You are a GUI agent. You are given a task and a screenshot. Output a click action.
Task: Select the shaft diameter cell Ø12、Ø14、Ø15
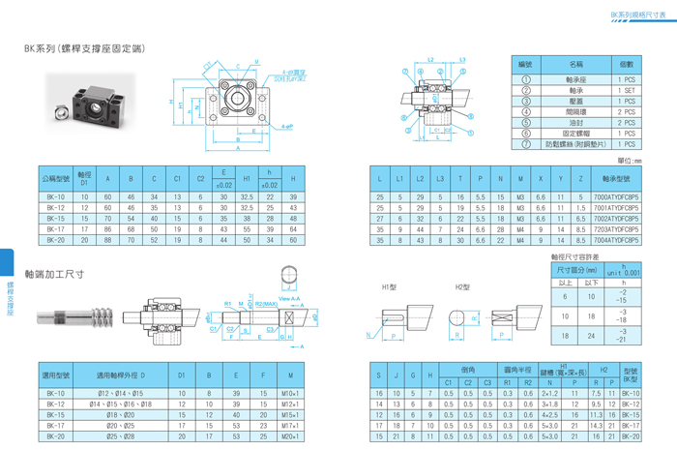tap(121, 394)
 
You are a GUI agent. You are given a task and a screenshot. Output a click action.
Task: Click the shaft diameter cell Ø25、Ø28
tap(121, 436)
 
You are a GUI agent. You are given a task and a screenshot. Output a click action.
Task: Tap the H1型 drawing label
tap(390, 287)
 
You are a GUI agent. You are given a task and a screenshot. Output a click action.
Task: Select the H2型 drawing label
tap(462, 287)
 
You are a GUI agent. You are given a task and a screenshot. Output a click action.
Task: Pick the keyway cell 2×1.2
tap(550, 394)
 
